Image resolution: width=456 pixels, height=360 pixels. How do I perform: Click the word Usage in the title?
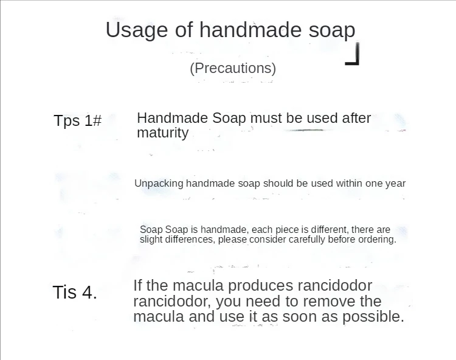(137, 30)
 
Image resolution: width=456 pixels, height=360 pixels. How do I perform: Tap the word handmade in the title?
(250, 29)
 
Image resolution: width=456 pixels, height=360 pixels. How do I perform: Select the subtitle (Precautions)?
(233, 69)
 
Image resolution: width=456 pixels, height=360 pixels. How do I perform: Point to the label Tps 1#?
(78, 120)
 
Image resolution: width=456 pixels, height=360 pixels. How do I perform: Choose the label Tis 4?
(75, 292)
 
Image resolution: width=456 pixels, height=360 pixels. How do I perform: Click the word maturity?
(162, 133)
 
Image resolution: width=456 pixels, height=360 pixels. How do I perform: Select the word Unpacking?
(159, 184)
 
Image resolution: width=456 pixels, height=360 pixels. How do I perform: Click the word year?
(396, 184)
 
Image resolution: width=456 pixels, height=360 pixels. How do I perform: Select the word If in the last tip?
(137, 285)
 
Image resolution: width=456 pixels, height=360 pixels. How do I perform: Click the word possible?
(373, 317)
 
